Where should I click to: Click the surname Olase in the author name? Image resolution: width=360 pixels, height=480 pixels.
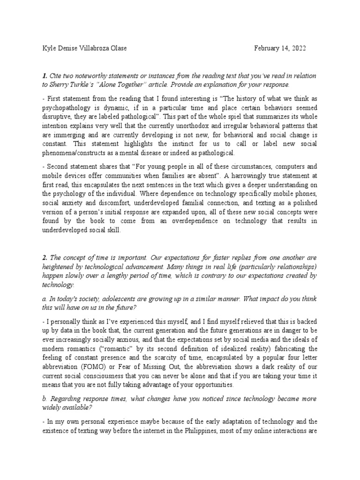click(117, 49)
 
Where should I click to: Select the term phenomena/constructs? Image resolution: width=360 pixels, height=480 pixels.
click(76, 153)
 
